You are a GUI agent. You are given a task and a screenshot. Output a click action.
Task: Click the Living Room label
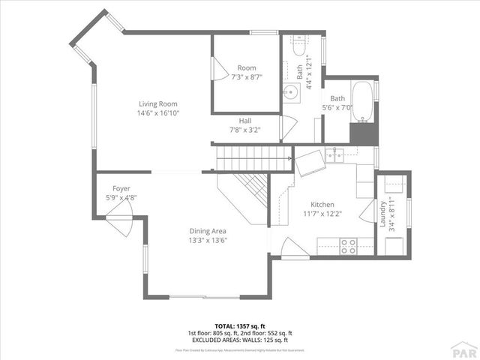(x=157, y=103)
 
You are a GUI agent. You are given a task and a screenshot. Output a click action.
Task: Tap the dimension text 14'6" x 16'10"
(x=157, y=112)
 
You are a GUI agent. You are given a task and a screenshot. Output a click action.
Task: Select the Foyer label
(x=121, y=188)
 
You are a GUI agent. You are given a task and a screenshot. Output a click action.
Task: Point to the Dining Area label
(x=208, y=231)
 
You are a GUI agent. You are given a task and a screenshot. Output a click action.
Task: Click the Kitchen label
(x=322, y=204)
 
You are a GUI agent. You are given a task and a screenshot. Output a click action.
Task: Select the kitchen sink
(x=335, y=155)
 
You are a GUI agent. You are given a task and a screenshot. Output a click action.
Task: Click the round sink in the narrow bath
(x=291, y=91)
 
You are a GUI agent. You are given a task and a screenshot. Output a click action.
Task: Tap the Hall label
(x=245, y=121)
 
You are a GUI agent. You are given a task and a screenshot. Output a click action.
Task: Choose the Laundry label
(x=383, y=214)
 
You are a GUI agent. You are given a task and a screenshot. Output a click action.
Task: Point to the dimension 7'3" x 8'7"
(x=247, y=77)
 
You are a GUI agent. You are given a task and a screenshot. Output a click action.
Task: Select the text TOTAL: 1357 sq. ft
(x=240, y=326)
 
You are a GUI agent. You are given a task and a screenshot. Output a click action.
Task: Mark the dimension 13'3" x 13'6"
(x=208, y=240)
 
